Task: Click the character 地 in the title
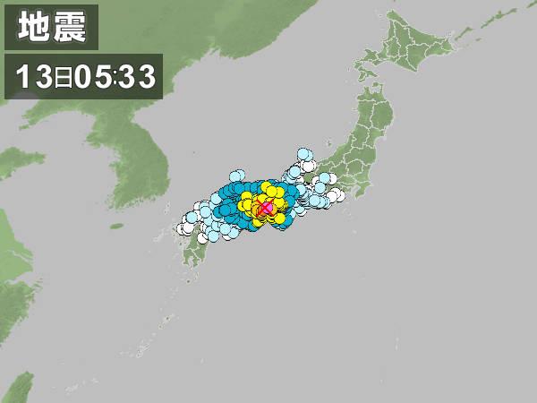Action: (33, 28)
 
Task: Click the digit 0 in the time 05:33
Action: (83, 76)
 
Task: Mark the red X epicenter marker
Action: (266, 208)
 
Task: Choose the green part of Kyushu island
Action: (192, 255)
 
